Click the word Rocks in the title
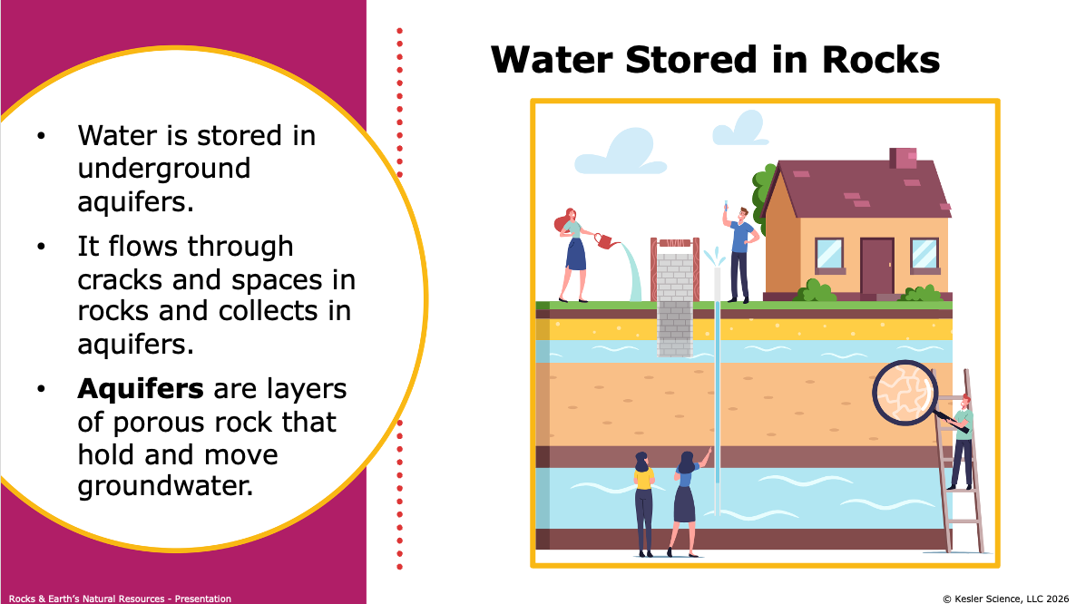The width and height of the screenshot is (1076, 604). click(880, 60)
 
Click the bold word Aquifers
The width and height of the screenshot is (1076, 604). click(140, 389)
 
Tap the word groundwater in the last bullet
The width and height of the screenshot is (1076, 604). click(165, 486)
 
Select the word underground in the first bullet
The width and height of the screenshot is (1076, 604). click(164, 168)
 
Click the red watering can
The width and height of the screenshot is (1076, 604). click(604, 240)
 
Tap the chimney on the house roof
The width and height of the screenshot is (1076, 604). click(903, 158)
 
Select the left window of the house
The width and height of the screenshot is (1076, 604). click(829, 254)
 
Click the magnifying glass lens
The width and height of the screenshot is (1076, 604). click(905, 393)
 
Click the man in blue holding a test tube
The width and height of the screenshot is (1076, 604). click(739, 253)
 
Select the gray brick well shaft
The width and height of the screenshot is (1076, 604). click(675, 305)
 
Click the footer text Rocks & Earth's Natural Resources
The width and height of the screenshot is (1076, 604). click(86, 599)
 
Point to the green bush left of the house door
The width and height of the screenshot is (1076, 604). click(815, 291)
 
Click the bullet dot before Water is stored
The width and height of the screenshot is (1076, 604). click(41, 136)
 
